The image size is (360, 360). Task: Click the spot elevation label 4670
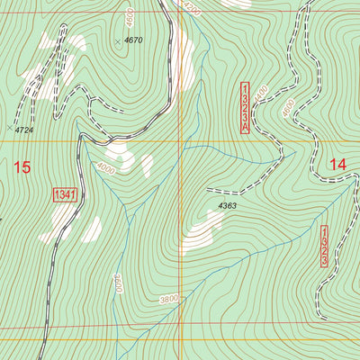pos(134,40)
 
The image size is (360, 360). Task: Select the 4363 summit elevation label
pos(227,206)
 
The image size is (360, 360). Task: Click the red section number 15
pos(22,166)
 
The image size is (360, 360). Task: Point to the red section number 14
pos(337,165)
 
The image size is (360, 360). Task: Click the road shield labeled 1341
pos(64,194)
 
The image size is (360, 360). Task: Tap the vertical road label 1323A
pos(244,107)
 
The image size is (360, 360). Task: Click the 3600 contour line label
pos(116,286)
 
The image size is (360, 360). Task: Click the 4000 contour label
pos(105,167)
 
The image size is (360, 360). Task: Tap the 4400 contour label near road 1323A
pos(261,93)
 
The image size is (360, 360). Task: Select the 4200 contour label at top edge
pos(188,5)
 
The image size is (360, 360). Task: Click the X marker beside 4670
pos(118,41)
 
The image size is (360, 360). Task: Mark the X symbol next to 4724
pos(10,128)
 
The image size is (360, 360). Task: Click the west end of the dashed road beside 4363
pos(208,191)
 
